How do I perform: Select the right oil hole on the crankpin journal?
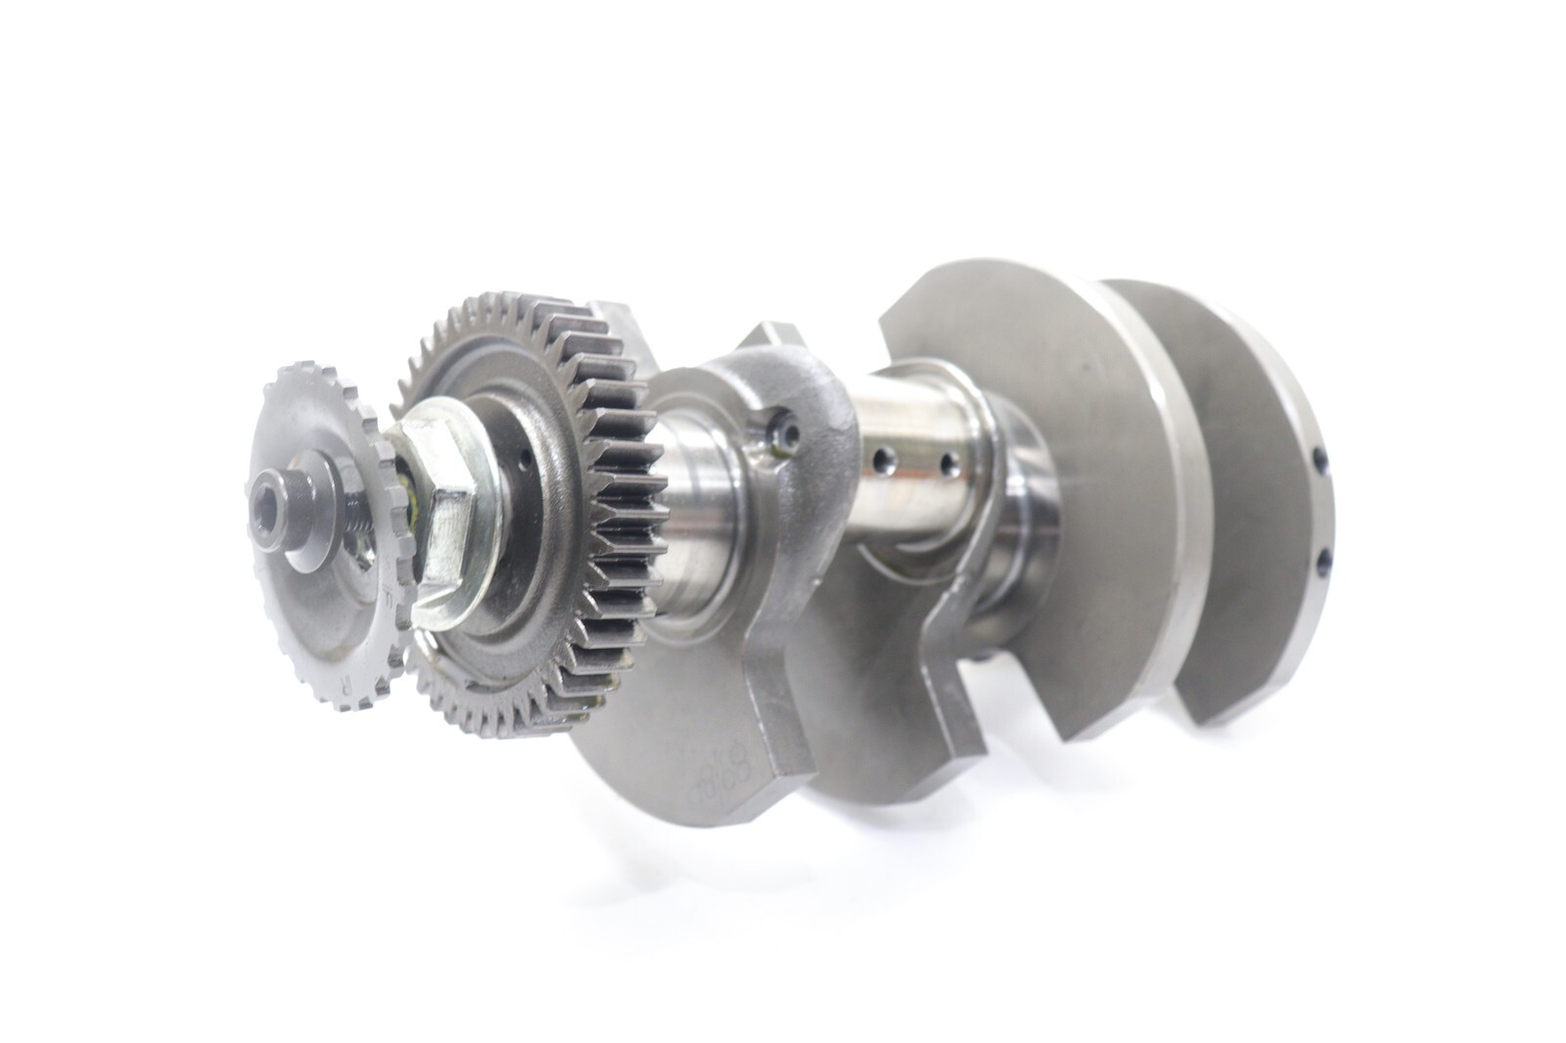pyautogui.click(x=946, y=460)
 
